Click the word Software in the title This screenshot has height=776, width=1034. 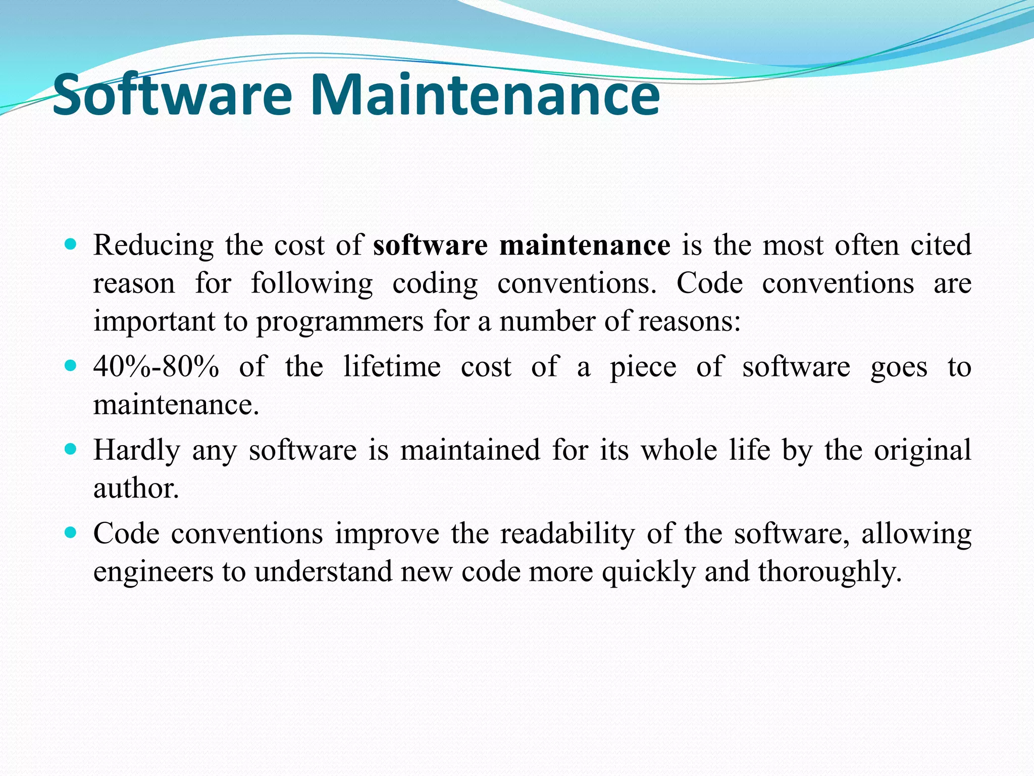click(x=172, y=94)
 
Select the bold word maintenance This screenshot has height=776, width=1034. click(x=585, y=246)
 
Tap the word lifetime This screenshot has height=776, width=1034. click(x=392, y=367)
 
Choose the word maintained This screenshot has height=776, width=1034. click(x=470, y=450)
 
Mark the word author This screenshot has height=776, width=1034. click(x=136, y=489)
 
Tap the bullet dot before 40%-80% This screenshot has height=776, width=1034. click(x=71, y=365)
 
